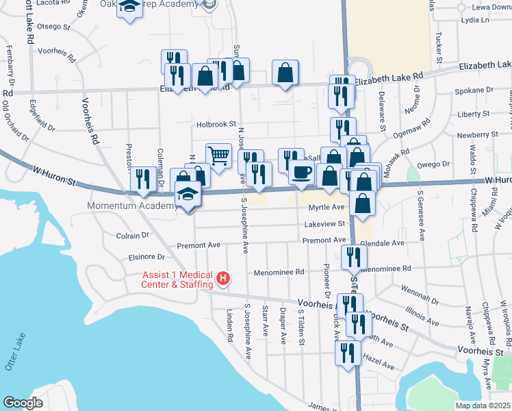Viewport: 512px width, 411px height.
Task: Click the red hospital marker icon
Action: tap(222, 277)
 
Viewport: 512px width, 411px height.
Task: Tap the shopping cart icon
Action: tap(218, 155)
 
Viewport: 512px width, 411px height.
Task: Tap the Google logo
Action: tap(23, 403)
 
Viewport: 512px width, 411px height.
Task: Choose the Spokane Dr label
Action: tap(477, 90)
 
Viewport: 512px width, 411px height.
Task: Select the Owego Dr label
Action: tap(437, 164)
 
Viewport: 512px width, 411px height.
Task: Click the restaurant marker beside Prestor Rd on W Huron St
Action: tap(142, 179)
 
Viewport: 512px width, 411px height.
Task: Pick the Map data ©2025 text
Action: tap(483, 406)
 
